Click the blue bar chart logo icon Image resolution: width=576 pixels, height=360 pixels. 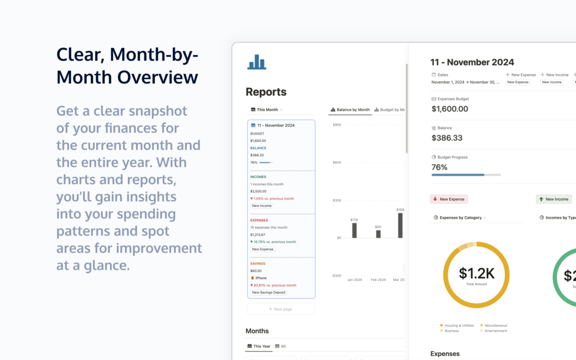click(257, 62)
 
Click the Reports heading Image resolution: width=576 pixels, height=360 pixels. click(266, 92)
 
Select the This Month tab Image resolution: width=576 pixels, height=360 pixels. click(267, 109)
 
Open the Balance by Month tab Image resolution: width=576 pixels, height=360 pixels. click(350, 109)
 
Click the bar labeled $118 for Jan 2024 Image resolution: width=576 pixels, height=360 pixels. click(354, 230)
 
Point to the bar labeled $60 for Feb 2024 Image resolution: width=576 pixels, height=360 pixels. click(378, 234)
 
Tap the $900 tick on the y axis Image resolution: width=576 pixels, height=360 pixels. click(336, 124)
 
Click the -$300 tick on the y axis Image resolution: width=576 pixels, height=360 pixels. click(336, 276)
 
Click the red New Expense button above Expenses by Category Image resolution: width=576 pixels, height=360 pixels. click(449, 199)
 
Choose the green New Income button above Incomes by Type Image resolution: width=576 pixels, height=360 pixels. click(554, 199)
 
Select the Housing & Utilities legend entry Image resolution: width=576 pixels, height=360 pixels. click(459, 326)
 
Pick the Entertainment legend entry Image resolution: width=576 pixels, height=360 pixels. click(495, 331)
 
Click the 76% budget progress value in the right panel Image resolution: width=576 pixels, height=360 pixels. click(440, 167)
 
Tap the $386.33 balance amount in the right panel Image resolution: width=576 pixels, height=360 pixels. click(447, 138)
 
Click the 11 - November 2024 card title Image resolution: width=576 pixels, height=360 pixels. click(276, 125)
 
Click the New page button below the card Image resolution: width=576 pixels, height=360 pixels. click(281, 309)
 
